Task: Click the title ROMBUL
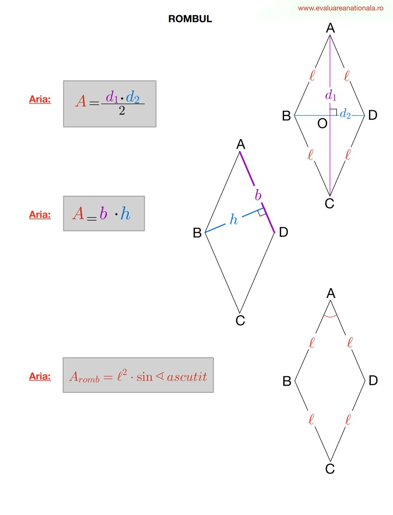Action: [x=190, y=19]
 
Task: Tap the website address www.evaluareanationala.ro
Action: [x=340, y=8]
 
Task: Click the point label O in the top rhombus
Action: [x=322, y=124]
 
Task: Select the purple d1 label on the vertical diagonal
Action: [x=330, y=96]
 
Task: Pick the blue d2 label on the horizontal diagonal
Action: [x=345, y=114]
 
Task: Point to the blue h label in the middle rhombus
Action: [x=234, y=219]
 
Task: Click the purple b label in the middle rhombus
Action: [x=258, y=195]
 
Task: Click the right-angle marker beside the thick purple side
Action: [x=262, y=213]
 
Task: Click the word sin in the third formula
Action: [x=144, y=377]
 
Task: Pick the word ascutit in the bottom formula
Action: [x=187, y=377]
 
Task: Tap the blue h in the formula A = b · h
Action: [x=125, y=214]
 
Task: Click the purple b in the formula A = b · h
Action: [x=103, y=213]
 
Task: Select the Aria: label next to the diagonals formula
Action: [x=40, y=99]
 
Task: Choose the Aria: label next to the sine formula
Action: [x=40, y=376]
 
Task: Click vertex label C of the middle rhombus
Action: [x=240, y=321]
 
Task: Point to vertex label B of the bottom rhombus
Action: [x=287, y=381]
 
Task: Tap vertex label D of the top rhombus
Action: [x=373, y=115]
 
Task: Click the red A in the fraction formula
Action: [x=81, y=101]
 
